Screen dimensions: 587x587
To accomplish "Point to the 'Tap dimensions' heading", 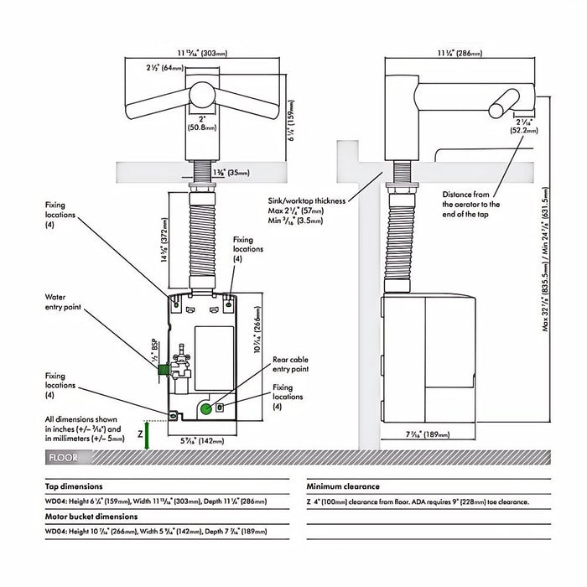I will point(75,486).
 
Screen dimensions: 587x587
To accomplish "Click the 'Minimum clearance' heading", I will point(343,486).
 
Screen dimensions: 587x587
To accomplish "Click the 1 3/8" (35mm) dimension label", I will point(231,172).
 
